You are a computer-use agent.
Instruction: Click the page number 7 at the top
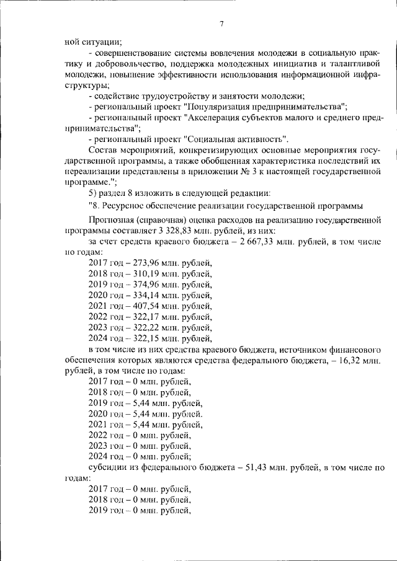(x=221, y=25)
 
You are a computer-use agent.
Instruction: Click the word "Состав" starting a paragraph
(x=102, y=151)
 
